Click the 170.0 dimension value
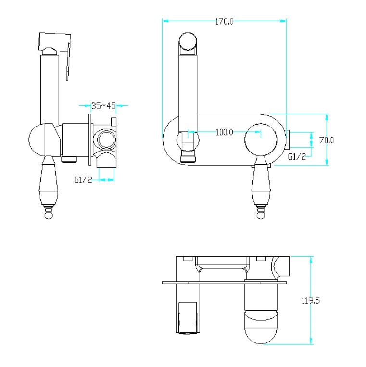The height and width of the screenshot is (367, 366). tap(224, 22)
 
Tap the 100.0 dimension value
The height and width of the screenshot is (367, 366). tap(224, 132)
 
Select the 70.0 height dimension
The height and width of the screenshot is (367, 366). tap(327, 140)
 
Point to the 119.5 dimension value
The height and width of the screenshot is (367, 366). tap(311, 300)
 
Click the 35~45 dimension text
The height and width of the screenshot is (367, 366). tap(104, 106)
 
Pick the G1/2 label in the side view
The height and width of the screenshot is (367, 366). tap(83, 180)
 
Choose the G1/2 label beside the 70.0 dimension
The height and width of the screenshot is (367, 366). tap(297, 157)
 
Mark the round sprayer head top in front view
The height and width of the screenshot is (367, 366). tap(188, 41)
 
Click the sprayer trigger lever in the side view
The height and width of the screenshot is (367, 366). tap(68, 62)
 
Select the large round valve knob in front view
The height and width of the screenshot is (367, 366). tap(261, 140)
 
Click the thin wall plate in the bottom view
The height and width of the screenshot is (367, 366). tap(225, 283)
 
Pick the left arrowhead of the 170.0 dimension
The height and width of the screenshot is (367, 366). tap(165, 21)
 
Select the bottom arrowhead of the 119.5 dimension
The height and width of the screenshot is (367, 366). tap(311, 341)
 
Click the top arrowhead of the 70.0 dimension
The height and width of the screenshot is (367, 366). tap(327, 117)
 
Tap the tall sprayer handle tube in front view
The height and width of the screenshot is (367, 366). tap(188, 94)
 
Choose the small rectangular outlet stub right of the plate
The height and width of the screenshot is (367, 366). tap(288, 140)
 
